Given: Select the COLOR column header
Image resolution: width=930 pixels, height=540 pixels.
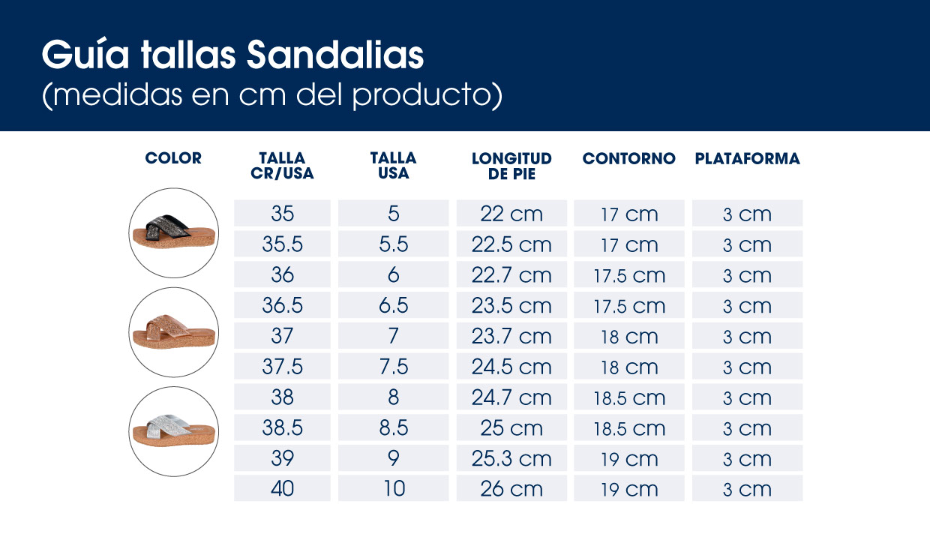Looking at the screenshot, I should [x=173, y=158].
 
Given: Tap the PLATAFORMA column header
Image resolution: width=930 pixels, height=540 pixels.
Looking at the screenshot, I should [x=747, y=159].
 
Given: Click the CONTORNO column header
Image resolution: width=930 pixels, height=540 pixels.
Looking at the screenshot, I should [x=628, y=159].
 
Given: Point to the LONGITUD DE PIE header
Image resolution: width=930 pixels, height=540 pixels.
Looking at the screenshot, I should [x=511, y=166].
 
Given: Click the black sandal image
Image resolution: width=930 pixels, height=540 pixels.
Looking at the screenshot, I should [x=173, y=232].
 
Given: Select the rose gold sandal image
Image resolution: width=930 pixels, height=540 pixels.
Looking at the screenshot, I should [x=173, y=331].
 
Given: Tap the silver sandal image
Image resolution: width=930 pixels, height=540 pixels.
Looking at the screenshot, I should [x=173, y=430].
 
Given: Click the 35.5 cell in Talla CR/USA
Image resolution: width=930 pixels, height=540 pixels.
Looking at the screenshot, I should [x=282, y=244].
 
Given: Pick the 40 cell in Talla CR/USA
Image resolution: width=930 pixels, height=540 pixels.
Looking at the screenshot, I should [x=282, y=489].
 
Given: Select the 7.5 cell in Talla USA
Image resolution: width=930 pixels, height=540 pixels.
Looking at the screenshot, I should [x=393, y=367].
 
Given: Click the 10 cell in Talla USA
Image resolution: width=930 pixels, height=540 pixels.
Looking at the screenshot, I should [x=393, y=489].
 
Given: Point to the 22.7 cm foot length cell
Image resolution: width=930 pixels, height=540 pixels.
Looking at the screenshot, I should [x=511, y=275].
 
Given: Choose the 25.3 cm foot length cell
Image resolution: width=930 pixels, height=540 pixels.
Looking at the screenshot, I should [x=511, y=458].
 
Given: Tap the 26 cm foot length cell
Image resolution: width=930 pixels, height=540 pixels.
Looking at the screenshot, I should [x=511, y=489].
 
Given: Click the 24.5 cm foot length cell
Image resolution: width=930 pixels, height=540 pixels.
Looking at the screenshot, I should [x=511, y=367].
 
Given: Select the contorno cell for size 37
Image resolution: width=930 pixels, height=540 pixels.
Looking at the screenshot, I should [x=628, y=337].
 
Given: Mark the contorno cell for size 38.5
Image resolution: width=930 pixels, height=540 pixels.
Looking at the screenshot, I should [x=628, y=428].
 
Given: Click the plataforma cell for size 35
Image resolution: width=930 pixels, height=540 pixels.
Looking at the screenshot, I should [x=747, y=214].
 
